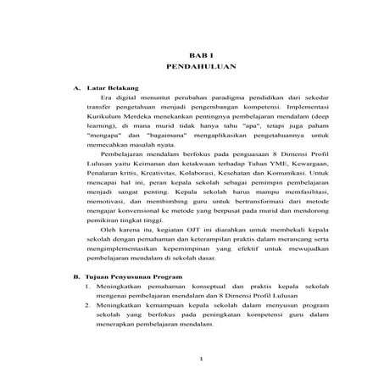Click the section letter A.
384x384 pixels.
(x=78, y=87)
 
